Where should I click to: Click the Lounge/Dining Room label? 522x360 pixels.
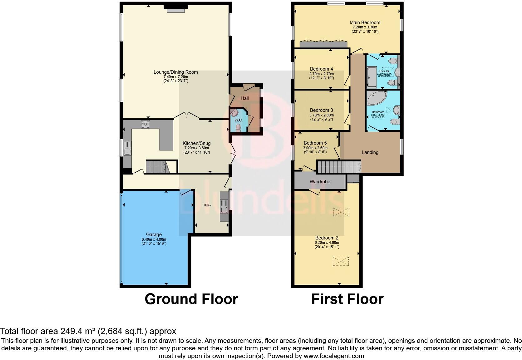tap(175, 72)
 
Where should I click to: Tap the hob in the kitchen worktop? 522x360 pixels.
tap(145, 124)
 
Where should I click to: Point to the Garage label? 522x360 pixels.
tap(154, 234)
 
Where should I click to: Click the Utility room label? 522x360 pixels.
tap(207, 205)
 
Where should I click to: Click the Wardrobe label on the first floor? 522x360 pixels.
tap(320, 181)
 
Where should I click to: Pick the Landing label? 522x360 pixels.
tap(370, 152)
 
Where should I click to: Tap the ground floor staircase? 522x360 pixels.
tap(157, 167)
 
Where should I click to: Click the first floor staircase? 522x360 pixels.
tap(339, 166)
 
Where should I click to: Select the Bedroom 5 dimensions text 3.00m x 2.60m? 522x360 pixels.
tap(315, 148)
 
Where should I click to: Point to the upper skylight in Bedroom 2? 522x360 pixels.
tap(341, 212)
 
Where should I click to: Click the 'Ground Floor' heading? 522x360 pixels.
tap(191, 299)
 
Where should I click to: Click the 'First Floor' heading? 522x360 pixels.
tap(347, 299)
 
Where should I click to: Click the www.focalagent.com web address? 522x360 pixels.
tap(334, 356)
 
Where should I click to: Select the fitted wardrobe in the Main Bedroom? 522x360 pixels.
tap(324, 44)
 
